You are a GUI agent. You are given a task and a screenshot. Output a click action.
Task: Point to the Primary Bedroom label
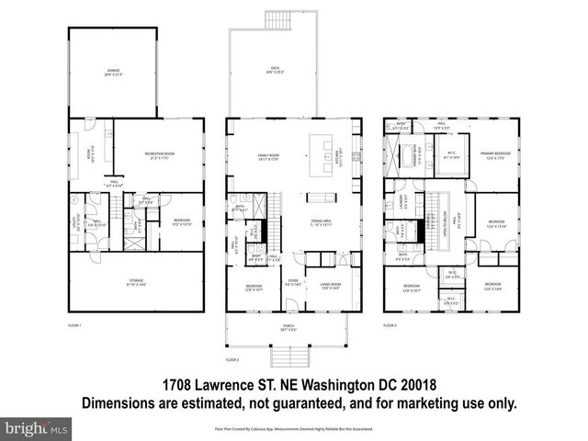(x=495, y=154)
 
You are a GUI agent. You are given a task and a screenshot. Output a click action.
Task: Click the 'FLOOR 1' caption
(x=75, y=325)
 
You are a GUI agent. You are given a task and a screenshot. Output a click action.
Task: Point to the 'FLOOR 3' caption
(x=390, y=325)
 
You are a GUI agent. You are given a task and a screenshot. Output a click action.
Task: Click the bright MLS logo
(x=35, y=428)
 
